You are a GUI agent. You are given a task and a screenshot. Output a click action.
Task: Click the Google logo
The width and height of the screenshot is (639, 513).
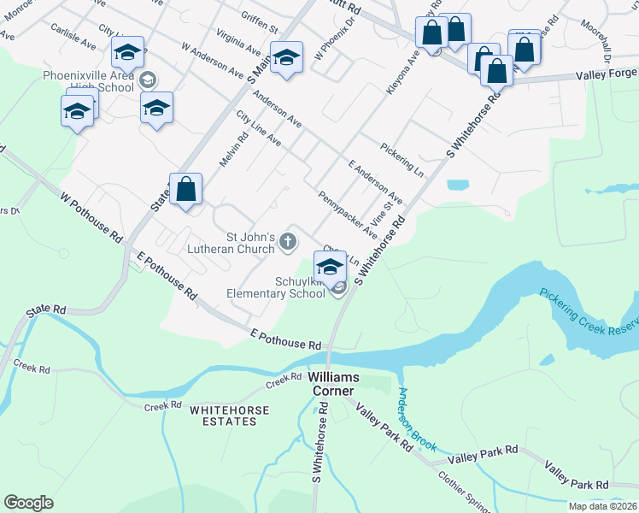coord(29,503)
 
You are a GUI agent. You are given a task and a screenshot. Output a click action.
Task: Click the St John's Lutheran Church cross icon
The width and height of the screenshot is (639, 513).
coord(289,245)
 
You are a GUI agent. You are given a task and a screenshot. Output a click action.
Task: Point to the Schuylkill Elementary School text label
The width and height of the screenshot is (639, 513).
coord(275,286)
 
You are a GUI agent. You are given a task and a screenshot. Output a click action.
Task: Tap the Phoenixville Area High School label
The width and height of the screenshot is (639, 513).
coord(91,81)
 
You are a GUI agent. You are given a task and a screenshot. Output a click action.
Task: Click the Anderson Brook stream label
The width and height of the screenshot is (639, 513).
coord(416,420)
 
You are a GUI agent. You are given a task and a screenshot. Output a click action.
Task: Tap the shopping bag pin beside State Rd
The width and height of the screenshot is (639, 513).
coord(186,189)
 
